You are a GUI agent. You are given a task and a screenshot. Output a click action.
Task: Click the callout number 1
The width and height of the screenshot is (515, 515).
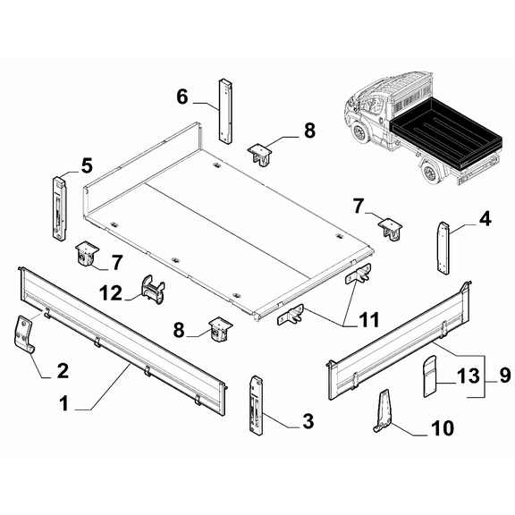click(x=64, y=403)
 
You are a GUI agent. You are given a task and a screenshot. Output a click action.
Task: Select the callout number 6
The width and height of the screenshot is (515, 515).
click(x=182, y=97)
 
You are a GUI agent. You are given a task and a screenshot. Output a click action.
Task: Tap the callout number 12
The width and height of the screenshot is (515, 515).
click(x=111, y=293)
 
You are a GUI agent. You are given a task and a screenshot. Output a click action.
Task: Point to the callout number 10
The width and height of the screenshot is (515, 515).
click(x=443, y=428)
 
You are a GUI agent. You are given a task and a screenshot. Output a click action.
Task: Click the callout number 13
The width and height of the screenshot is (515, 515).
click(x=469, y=376)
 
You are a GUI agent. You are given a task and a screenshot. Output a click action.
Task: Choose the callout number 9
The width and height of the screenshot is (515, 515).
click(x=505, y=376)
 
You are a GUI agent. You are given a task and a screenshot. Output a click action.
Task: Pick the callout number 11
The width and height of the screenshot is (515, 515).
click(x=369, y=319)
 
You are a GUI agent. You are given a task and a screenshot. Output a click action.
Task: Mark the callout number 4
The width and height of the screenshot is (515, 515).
click(x=485, y=219)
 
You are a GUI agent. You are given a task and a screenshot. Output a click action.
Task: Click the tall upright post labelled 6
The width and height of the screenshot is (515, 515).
click(x=225, y=110)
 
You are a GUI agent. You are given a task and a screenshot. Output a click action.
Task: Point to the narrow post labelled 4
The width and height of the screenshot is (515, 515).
click(x=443, y=248)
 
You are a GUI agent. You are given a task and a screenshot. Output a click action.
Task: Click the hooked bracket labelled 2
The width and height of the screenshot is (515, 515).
click(x=23, y=333)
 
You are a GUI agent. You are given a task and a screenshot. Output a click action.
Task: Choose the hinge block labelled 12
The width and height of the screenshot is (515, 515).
click(x=152, y=290)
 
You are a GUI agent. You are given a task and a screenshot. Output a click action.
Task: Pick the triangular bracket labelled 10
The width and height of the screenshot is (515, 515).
click(x=383, y=411)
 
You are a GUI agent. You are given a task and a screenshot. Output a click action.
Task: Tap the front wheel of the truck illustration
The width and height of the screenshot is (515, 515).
click(x=359, y=132)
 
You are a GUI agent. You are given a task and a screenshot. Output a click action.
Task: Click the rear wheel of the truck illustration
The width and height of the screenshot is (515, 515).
click(x=430, y=172)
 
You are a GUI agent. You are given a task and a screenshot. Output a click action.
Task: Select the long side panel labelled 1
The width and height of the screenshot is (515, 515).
click(x=122, y=342)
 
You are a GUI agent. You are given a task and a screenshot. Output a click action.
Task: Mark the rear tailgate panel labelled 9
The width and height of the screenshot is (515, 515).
click(x=399, y=342)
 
